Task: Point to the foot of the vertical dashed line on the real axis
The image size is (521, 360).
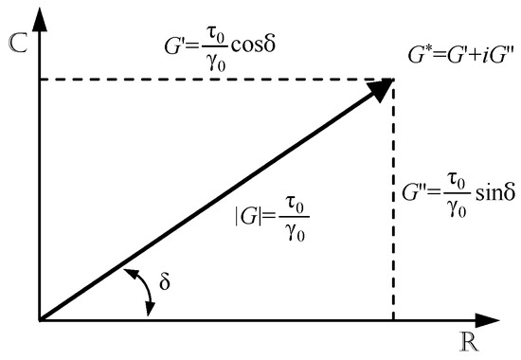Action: click(392, 320)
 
